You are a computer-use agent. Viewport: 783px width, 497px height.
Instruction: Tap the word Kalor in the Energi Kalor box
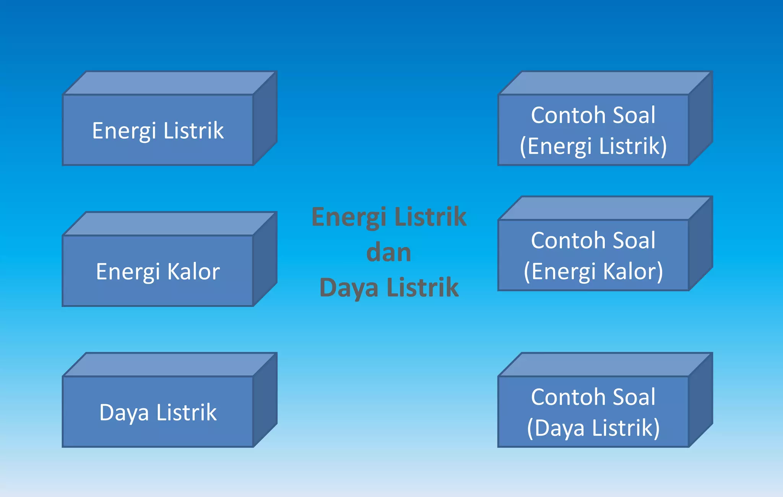tap(193, 271)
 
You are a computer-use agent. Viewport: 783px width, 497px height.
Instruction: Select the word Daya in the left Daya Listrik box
tap(124, 413)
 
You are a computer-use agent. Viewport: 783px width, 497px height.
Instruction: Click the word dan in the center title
tap(388, 252)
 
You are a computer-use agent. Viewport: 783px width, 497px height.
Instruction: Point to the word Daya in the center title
tap(348, 287)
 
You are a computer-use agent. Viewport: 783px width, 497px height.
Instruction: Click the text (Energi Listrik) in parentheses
tap(593, 146)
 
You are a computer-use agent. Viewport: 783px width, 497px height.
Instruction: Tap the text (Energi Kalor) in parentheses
tap(593, 271)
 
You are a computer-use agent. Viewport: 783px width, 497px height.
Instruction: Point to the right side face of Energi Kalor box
tap(265, 259)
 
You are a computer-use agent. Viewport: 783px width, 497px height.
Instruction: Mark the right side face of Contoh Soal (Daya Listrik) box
tap(700, 400)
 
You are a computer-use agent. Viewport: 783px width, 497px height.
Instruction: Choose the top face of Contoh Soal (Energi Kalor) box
tap(606, 208)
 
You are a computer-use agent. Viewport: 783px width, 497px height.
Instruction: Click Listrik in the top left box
tap(193, 131)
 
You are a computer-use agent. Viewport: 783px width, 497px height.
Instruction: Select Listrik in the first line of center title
tap(430, 217)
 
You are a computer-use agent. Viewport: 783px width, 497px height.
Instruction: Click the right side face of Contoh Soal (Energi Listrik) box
tap(700, 119)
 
